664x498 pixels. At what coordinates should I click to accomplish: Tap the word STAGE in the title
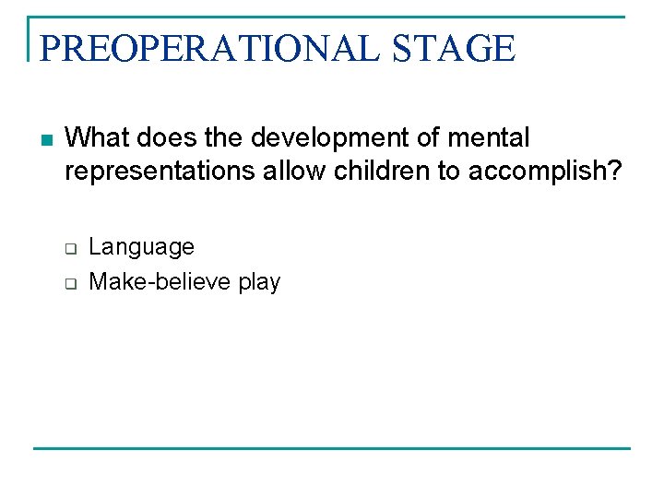[x=453, y=47]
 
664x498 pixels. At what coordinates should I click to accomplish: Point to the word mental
[x=490, y=138]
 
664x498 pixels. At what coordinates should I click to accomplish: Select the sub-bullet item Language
[x=141, y=247]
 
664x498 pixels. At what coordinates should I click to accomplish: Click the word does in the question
[x=156, y=138]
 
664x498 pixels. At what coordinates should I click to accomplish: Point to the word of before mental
[x=428, y=138]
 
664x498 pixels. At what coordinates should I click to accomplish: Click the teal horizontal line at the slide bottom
[x=332, y=448]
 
